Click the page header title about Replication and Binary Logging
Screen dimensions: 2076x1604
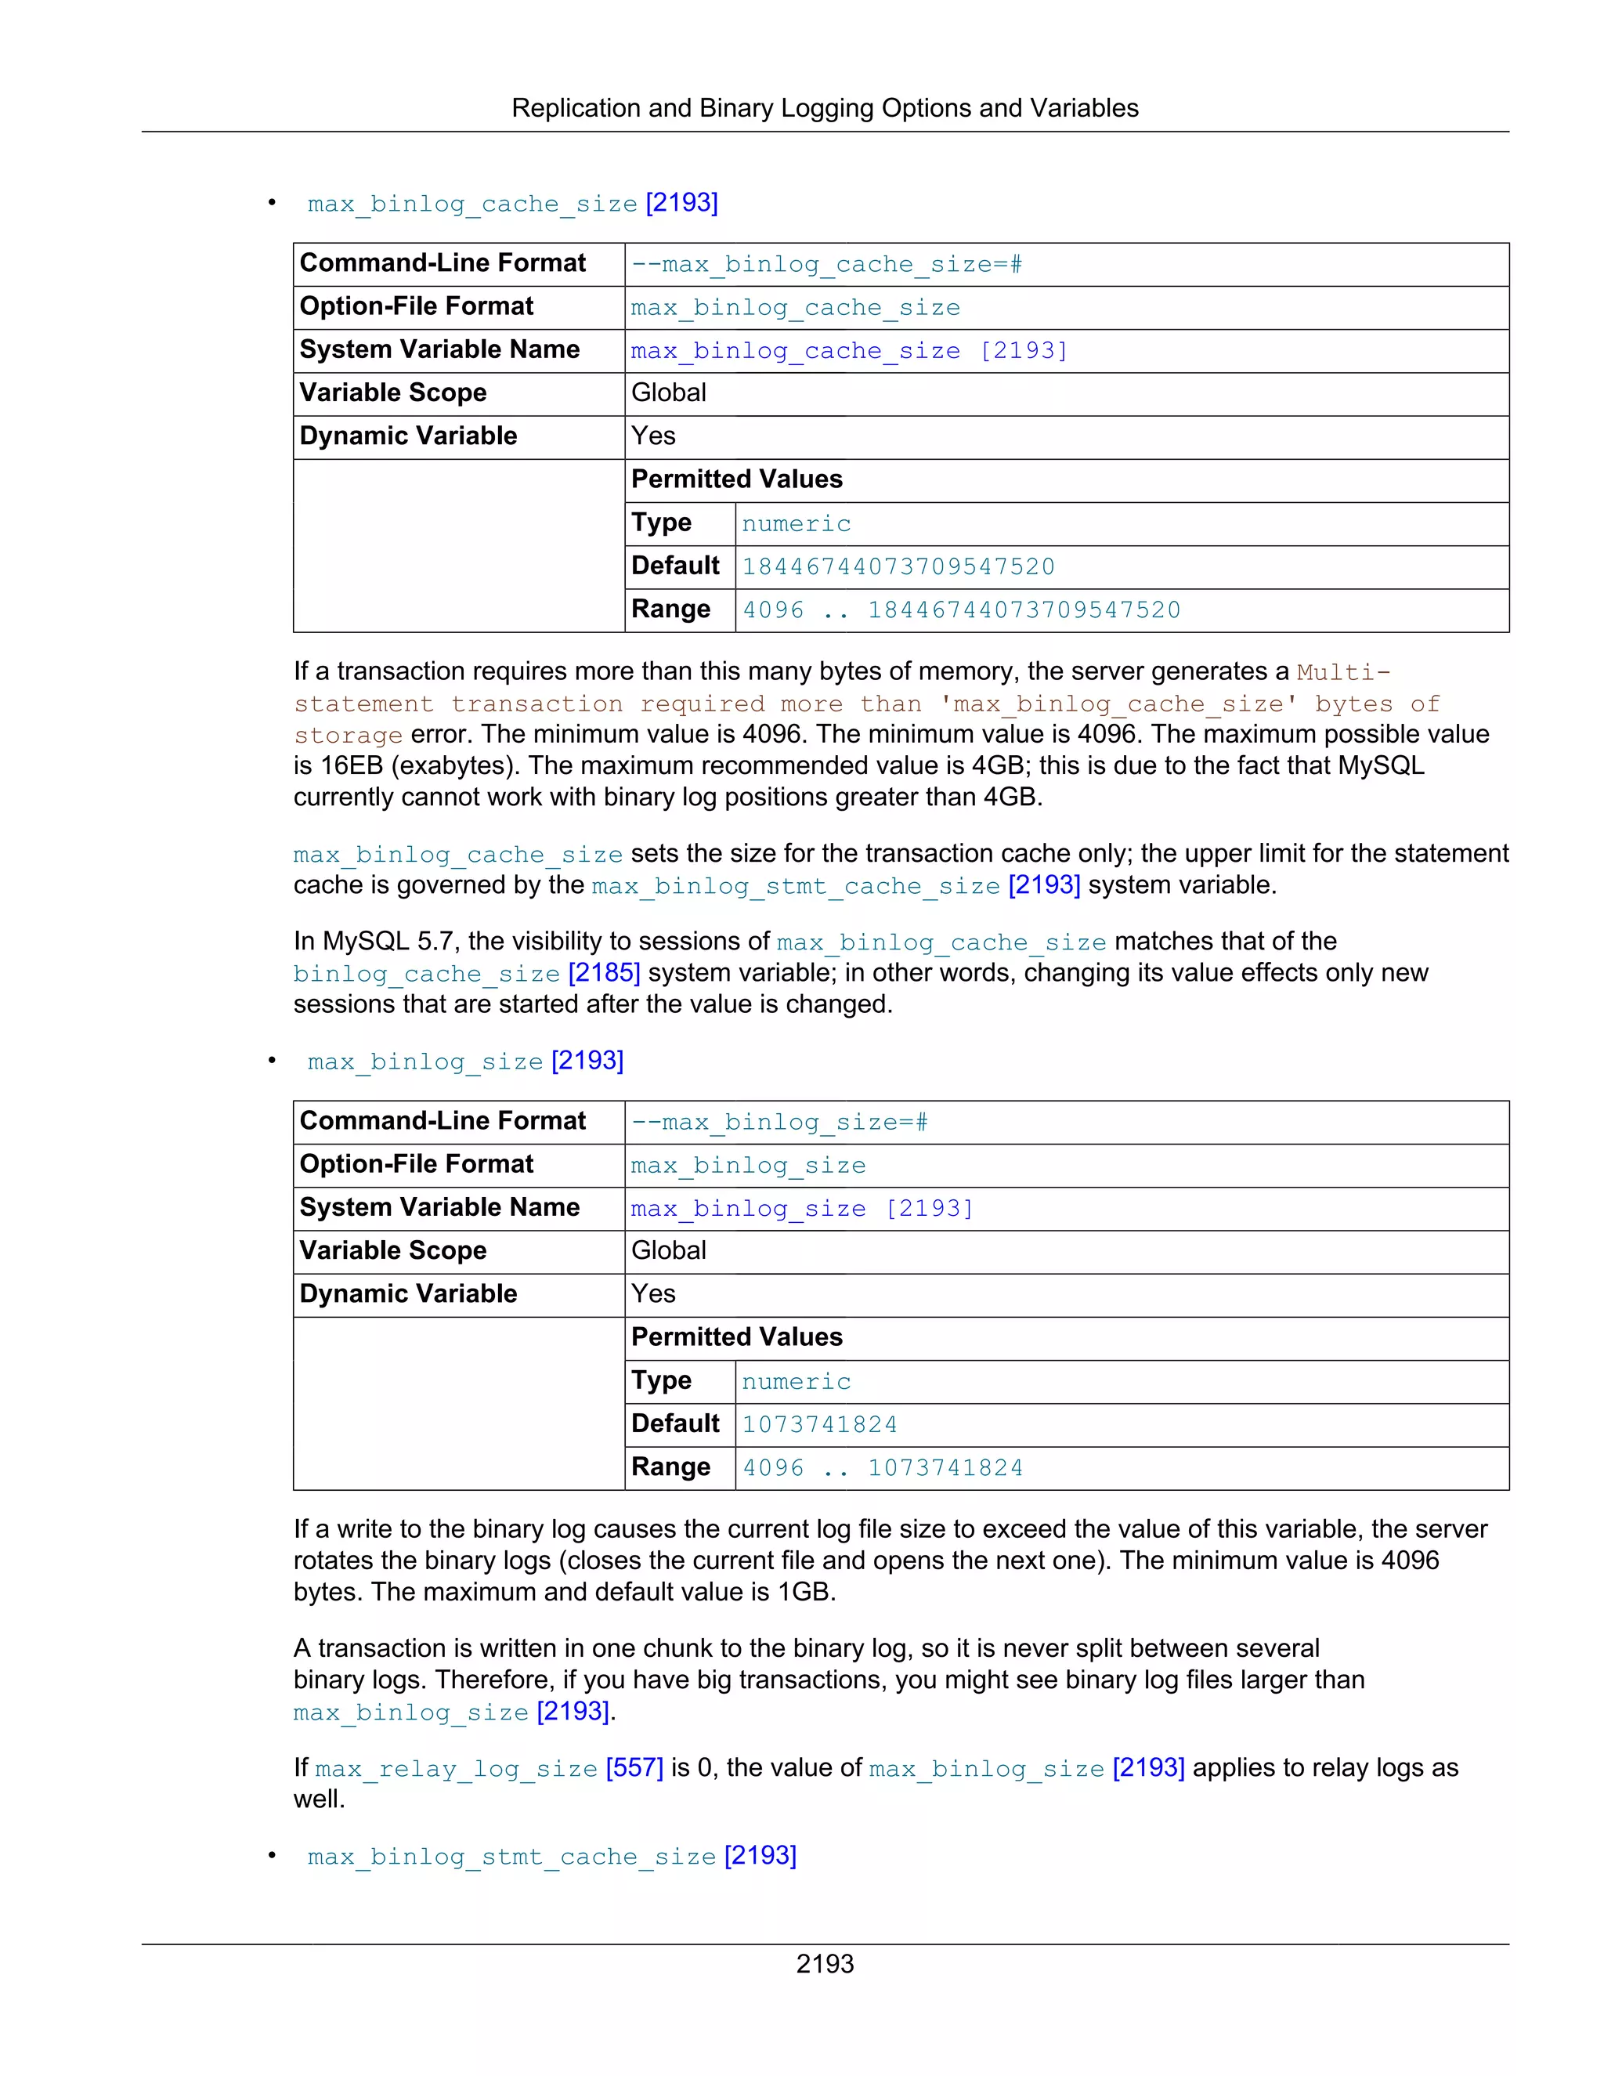click(824, 108)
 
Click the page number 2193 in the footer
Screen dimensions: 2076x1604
click(824, 1963)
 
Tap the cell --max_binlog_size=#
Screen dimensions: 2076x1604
click(779, 1123)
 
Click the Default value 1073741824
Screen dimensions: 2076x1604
click(819, 1424)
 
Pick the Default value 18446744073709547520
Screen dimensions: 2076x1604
click(898, 566)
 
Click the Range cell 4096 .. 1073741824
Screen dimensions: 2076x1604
click(882, 1467)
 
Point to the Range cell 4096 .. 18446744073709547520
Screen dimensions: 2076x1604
click(961, 610)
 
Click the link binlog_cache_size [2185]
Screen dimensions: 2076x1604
click(466, 973)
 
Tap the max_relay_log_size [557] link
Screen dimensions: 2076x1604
click(489, 1768)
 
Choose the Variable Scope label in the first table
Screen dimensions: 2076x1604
click(392, 392)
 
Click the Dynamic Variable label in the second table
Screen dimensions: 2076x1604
click(407, 1293)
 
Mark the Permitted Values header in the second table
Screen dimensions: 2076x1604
click(736, 1337)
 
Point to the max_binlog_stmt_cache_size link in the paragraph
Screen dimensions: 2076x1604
click(796, 886)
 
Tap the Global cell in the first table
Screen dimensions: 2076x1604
click(668, 392)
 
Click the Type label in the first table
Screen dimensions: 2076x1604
click(660, 523)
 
